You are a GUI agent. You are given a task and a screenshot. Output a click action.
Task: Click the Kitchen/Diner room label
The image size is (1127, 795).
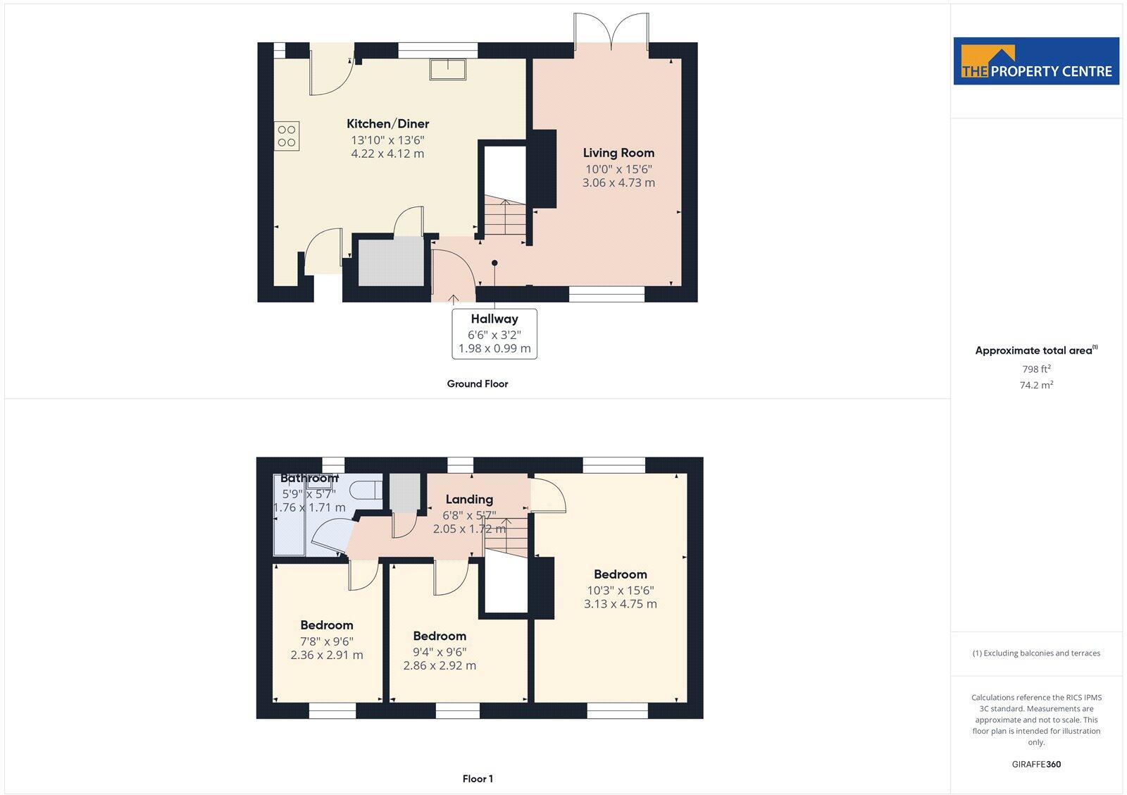click(x=387, y=124)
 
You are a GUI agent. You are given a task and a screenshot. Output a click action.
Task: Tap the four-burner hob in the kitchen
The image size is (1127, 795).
click(x=287, y=136)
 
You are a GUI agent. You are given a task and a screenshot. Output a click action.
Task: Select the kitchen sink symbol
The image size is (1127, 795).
click(x=448, y=69)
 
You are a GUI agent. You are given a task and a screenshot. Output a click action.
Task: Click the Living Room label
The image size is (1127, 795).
click(x=618, y=153)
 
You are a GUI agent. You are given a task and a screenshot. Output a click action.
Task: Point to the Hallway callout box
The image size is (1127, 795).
click(x=494, y=333)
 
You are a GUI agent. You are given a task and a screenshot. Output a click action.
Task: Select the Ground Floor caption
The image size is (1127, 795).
click(x=477, y=384)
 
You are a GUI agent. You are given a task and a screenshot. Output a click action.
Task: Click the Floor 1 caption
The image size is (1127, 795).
click(x=478, y=779)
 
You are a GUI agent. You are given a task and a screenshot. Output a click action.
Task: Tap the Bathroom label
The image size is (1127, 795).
click(x=309, y=479)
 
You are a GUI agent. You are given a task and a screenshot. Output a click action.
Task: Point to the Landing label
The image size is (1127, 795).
click(x=469, y=500)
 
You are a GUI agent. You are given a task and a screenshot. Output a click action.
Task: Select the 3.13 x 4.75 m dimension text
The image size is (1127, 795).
click(x=620, y=604)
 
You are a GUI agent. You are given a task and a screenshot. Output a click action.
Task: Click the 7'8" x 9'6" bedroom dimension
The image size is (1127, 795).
click(x=327, y=641)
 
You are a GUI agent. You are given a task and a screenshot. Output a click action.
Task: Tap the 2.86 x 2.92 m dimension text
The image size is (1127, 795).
click(x=440, y=665)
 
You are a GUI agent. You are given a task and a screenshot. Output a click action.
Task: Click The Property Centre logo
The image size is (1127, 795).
click(x=1036, y=61)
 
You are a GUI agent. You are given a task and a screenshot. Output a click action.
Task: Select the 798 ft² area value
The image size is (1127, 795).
click(x=1036, y=369)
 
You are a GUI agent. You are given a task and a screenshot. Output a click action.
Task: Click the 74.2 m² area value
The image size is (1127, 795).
click(x=1036, y=386)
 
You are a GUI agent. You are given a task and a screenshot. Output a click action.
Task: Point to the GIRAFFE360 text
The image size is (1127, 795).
click(x=1036, y=764)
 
